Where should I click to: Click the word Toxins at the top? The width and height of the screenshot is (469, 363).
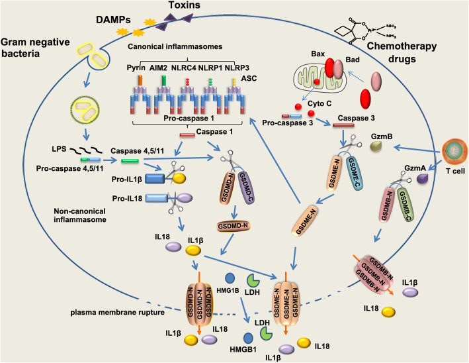point(185,5)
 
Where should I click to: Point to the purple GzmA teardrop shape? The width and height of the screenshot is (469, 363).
point(423,179)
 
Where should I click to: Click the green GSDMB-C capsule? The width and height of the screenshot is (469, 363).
point(406,205)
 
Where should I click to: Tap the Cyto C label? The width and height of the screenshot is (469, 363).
point(320,103)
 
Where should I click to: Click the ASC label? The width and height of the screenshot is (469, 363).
point(249,78)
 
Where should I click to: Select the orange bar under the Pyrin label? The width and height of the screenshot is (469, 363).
point(140,81)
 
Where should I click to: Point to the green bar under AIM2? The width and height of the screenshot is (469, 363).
point(163,81)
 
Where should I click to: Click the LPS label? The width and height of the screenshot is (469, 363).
point(59,149)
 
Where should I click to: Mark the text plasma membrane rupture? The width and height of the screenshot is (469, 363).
point(118,313)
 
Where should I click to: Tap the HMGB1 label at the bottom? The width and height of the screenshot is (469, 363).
point(243,349)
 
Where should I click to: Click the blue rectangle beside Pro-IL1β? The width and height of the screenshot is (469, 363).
point(155,179)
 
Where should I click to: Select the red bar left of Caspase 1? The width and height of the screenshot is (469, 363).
point(187,135)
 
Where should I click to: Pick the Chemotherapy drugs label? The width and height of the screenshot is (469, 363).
point(402,52)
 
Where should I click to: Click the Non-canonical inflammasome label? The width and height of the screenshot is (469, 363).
point(80,215)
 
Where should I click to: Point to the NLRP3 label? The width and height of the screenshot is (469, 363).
point(237,68)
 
